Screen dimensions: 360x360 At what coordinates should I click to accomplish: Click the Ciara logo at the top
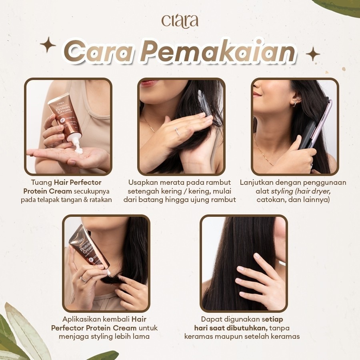(180, 21)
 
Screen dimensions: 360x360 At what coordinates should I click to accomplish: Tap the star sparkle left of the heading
(48, 44)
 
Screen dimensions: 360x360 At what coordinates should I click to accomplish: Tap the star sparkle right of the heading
(313, 54)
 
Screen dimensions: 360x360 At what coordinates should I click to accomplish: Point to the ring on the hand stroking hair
(177, 131)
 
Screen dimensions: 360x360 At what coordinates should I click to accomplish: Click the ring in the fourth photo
(83, 279)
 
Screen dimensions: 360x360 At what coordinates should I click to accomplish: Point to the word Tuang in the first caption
(42, 182)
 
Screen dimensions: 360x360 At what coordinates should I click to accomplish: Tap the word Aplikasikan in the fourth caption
(81, 319)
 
